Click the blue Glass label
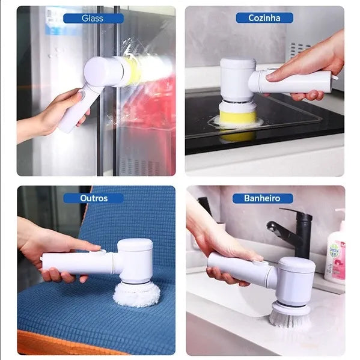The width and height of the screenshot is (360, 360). point(93,18)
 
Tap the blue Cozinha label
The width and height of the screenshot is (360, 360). point(264,18)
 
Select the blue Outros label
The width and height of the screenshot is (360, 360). point(93,198)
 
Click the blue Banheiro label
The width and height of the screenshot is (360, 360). point(264,198)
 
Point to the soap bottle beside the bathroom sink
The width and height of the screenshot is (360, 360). point(335,252)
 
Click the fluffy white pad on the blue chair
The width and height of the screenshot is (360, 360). point(137,293)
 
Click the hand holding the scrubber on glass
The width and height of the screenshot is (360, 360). point(60,111)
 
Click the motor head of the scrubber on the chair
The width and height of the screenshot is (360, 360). point(135,258)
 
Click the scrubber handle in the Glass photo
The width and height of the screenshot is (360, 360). point(72,111)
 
